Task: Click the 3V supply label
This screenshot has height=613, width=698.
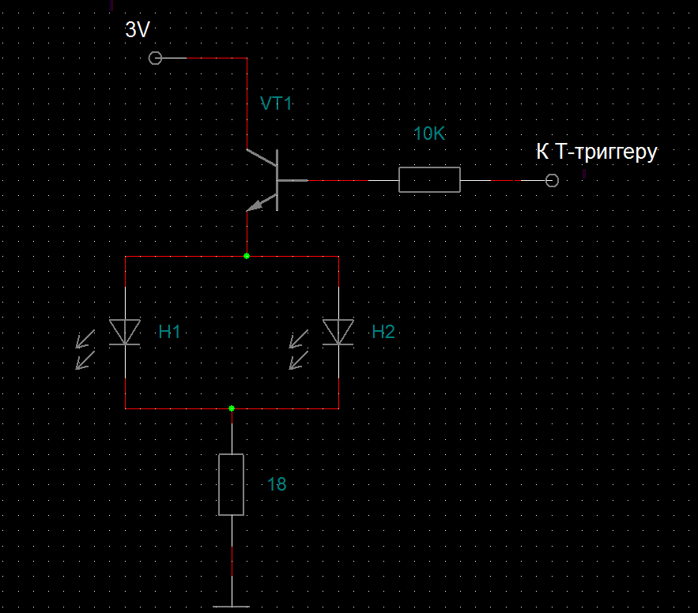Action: click(x=138, y=30)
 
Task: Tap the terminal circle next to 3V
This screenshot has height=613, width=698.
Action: click(x=155, y=58)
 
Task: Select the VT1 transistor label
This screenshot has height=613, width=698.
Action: click(x=276, y=103)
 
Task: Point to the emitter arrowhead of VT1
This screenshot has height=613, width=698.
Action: click(x=255, y=205)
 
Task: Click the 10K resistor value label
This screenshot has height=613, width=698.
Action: click(x=429, y=134)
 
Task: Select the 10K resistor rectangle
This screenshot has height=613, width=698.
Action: click(x=429, y=180)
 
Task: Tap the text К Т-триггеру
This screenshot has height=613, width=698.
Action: click(x=597, y=152)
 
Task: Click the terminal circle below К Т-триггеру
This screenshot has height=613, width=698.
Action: click(x=552, y=181)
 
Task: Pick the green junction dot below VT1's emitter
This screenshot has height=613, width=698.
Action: click(x=247, y=256)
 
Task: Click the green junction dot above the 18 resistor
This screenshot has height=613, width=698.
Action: click(x=232, y=408)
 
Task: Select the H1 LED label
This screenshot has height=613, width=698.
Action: click(x=170, y=332)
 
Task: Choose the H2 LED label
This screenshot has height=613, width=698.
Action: click(x=383, y=332)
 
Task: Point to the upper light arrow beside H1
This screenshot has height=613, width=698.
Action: click(x=85, y=339)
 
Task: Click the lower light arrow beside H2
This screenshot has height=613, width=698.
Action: click(x=298, y=360)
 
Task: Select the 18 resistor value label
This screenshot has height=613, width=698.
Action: click(x=277, y=484)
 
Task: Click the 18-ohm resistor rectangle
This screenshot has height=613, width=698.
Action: click(x=232, y=484)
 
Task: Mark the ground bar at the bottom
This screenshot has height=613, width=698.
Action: click(x=231, y=607)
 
